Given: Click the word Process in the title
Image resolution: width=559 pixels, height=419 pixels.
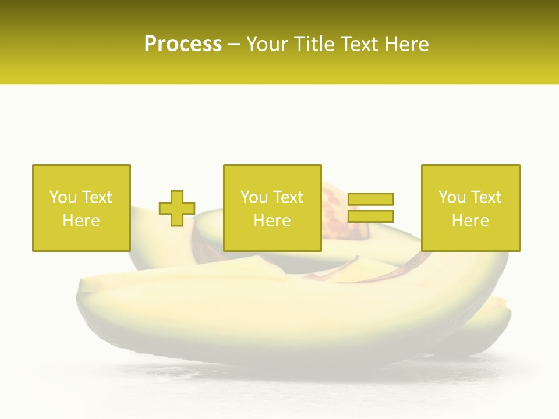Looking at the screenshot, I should click(x=183, y=44).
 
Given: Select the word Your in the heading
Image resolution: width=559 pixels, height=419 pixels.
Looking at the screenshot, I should click(x=267, y=44).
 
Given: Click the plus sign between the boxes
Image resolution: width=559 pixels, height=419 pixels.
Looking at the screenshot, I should click(x=177, y=208).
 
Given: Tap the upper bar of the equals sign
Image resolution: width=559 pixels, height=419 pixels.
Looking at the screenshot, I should click(x=370, y=199).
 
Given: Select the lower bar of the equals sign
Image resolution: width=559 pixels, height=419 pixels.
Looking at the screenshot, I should click(x=370, y=216).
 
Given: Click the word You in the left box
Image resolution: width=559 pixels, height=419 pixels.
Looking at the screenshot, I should click(x=63, y=197).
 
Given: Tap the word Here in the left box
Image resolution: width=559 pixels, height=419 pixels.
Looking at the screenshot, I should click(x=81, y=221).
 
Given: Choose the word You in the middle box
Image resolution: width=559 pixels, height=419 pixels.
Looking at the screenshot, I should click(x=254, y=197).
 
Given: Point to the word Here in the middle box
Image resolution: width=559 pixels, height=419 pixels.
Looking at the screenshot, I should click(x=272, y=221).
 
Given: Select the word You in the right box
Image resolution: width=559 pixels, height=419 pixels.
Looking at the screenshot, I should click(x=452, y=197).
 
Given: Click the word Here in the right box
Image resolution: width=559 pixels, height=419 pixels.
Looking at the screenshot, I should click(x=470, y=221).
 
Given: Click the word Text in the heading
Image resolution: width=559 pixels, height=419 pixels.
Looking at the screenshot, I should click(x=359, y=44).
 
